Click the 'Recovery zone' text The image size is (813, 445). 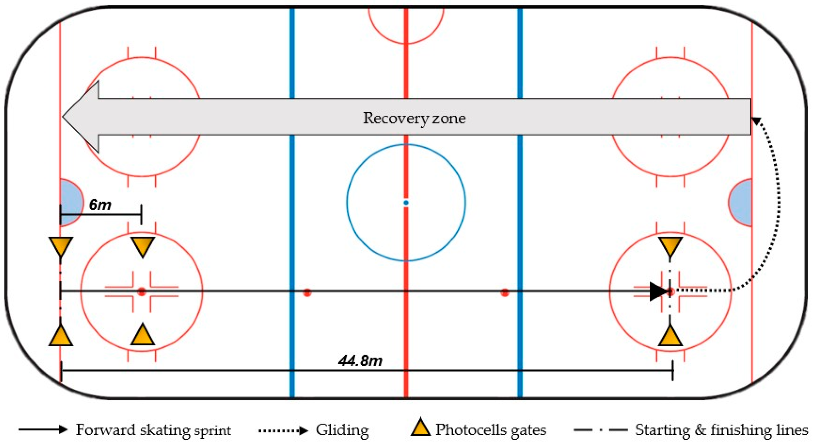click(x=414, y=118)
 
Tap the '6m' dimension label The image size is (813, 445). click(x=100, y=205)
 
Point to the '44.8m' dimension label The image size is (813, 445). click(x=360, y=360)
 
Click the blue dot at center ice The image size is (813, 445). click(x=406, y=203)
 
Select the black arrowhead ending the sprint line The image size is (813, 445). click(x=659, y=292)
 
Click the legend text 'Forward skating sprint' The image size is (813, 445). click(x=153, y=430)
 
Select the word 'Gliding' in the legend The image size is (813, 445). click(x=342, y=430)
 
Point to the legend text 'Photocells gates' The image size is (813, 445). click(x=491, y=430)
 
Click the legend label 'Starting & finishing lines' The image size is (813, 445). click(x=721, y=430)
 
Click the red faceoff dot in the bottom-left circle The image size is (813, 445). click(x=142, y=292)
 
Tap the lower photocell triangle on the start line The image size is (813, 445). click(x=61, y=337)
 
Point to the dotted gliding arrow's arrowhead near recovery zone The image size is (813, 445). click(x=756, y=120)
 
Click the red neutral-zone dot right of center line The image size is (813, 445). click(x=505, y=293)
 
